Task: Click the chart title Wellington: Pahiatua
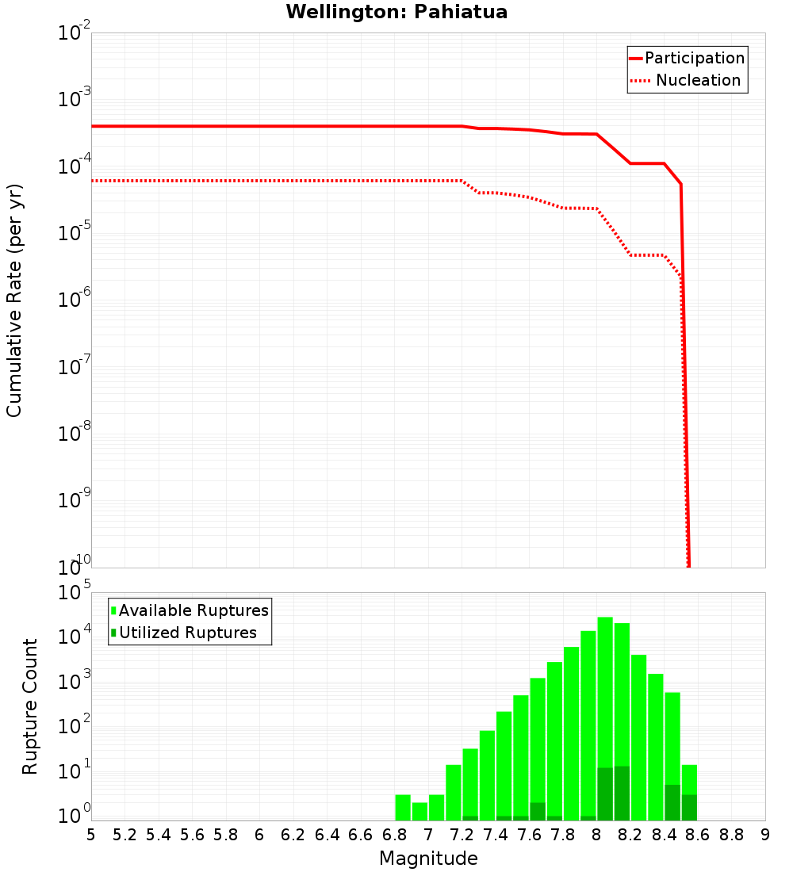point(396,12)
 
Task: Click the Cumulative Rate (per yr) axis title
point(14,300)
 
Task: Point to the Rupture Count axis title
point(30,706)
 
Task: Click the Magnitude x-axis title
point(428,859)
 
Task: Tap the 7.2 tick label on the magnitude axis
point(462,835)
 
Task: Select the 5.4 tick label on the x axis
point(159,835)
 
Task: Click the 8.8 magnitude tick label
point(731,835)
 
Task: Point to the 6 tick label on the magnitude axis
point(259,835)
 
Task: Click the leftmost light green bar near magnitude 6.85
point(403,807)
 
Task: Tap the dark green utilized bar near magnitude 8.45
point(672,802)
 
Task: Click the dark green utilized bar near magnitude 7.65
point(538,812)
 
